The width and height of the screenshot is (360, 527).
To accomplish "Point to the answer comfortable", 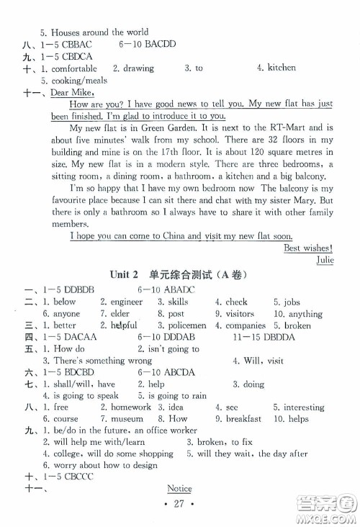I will [71, 68].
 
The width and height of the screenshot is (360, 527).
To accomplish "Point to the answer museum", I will [126, 418].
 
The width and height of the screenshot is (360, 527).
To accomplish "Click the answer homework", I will [130, 407].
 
